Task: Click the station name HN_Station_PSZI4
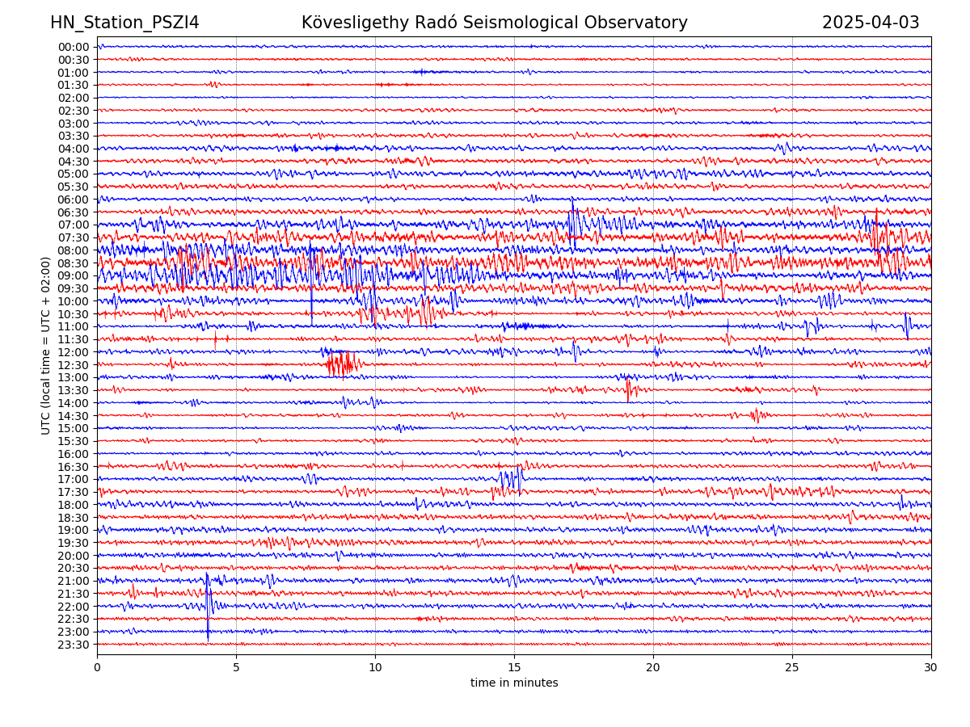[x=124, y=23]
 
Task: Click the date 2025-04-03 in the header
[x=871, y=23]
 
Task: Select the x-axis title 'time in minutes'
[x=514, y=683]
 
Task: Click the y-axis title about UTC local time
[x=46, y=345]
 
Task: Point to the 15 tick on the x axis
[x=514, y=668]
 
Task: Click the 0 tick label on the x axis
[x=97, y=668]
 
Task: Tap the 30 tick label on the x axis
[x=931, y=668]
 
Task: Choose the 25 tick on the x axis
[x=792, y=668]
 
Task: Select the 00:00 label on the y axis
[x=73, y=47]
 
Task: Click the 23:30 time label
[x=73, y=645]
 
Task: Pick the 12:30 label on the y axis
[x=73, y=365]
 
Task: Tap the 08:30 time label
[x=73, y=263]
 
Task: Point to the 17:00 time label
[x=73, y=479]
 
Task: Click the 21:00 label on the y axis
[x=73, y=581]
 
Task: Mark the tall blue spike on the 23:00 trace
[x=208, y=626]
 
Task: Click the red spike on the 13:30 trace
[x=628, y=390]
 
